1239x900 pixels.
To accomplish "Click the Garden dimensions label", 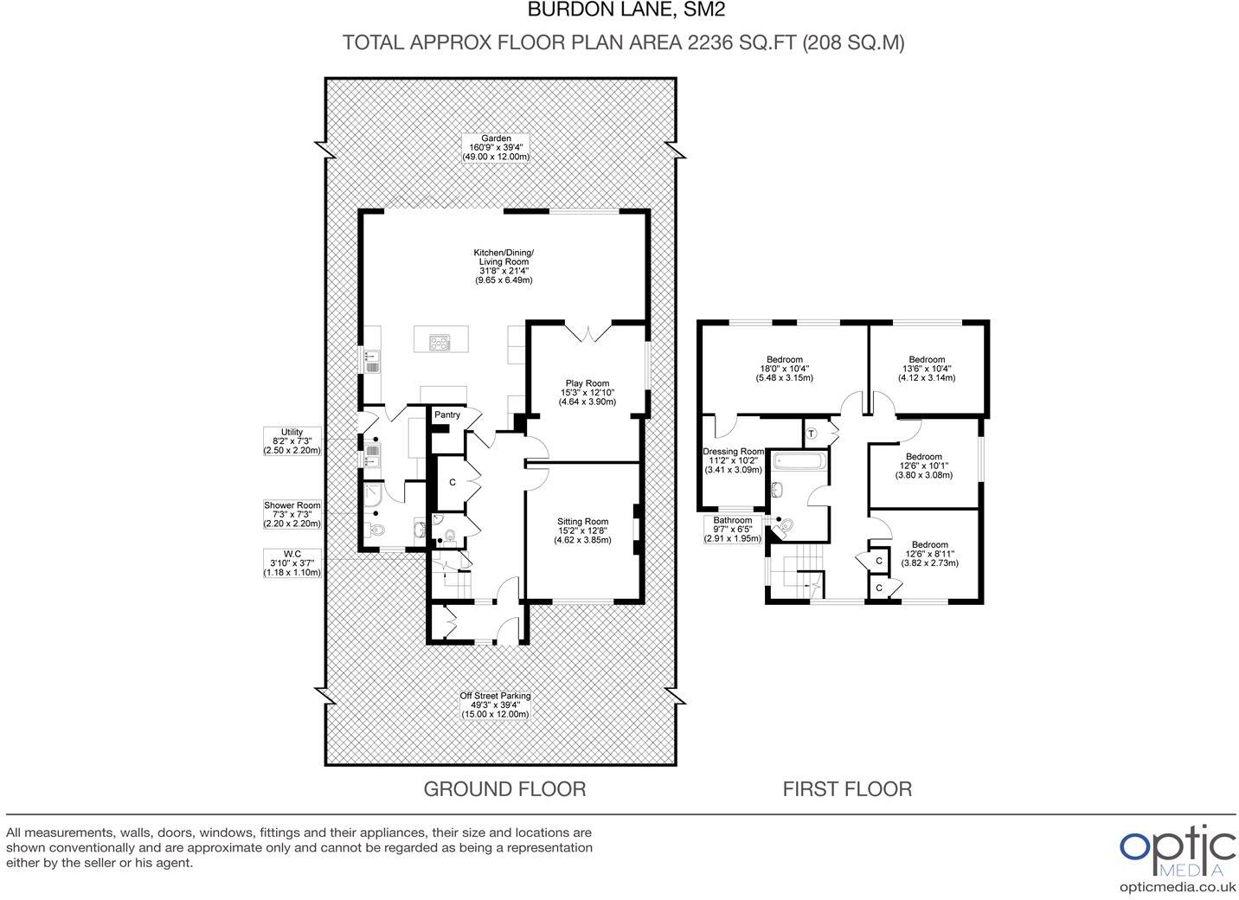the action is coord(496,148).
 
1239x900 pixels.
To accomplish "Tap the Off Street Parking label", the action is coord(495,704).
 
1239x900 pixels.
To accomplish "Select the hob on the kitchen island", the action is coord(440,344).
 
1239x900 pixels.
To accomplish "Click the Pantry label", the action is coord(447,415).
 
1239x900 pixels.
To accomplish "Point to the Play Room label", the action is coord(587,392).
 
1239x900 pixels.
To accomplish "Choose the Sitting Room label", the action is coord(582,530).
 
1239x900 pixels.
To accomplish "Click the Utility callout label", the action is coord(292,440).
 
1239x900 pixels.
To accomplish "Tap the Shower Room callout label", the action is coord(292,514).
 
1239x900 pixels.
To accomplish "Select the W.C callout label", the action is coord(292,563).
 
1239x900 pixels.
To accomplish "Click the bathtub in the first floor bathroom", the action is coord(800,460).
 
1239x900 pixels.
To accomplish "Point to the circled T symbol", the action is coord(812,434).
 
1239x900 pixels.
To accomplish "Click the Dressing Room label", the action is coord(733,460).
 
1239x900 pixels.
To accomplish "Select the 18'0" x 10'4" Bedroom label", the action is coord(785,369).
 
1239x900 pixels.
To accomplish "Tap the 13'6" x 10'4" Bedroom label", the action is coord(927,369).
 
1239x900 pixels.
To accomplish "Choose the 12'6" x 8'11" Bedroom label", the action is coord(930,554).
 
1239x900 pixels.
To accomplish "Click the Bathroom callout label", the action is coord(732,530).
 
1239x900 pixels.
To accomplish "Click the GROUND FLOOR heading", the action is coord(504,789).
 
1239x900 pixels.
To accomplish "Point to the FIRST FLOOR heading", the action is coord(847,789).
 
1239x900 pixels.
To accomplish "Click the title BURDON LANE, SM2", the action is coord(626,10).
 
